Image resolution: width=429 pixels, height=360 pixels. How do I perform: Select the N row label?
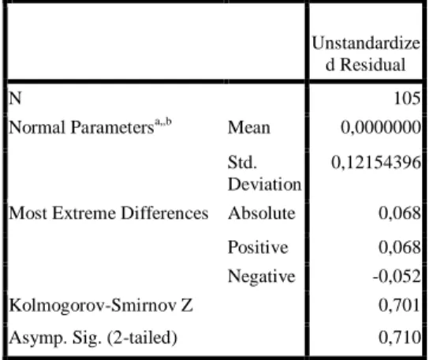point(15,98)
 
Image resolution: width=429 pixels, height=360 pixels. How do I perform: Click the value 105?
point(407,98)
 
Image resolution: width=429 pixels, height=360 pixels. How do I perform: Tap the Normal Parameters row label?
point(81,127)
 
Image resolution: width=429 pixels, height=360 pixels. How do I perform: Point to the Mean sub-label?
point(249,128)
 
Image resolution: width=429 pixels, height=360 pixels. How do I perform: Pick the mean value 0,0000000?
point(381,128)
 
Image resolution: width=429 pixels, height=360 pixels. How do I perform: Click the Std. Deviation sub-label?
point(264,173)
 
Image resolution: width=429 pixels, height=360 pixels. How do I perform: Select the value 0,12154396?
point(376,163)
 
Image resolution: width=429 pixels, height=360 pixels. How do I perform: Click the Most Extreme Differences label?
point(109,213)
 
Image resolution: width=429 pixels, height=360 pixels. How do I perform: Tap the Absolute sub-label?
point(262,213)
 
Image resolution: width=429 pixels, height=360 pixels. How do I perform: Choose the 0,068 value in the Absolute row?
point(400,213)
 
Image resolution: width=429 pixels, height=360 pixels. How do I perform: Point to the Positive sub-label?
point(258,247)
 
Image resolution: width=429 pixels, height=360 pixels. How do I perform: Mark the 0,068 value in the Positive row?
point(400,247)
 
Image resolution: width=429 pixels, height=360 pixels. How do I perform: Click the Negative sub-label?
point(262,276)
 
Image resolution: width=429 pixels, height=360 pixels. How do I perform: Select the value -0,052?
point(397,276)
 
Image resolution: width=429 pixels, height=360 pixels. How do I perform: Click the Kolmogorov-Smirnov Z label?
point(101,306)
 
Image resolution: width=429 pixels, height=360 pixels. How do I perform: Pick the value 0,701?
point(400,306)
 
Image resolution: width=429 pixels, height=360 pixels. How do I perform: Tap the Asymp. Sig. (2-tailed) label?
point(93,338)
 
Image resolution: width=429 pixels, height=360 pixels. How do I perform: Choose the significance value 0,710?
point(400,337)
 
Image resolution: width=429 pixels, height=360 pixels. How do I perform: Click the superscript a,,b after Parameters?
point(163,122)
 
